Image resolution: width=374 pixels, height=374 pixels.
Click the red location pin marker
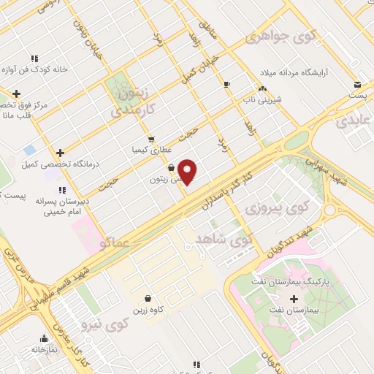click(188, 171)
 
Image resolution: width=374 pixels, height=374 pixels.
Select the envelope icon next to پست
click(357, 84)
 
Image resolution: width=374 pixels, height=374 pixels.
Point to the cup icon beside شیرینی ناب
click(226, 84)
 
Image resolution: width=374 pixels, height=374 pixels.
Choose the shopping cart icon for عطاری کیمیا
click(150, 139)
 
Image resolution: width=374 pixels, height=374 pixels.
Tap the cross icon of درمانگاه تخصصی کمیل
click(60, 153)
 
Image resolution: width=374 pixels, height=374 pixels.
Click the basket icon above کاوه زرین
click(148, 298)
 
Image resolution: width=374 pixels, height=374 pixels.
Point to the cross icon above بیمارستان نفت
click(294, 298)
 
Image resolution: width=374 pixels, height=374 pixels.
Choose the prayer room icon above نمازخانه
click(45, 338)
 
